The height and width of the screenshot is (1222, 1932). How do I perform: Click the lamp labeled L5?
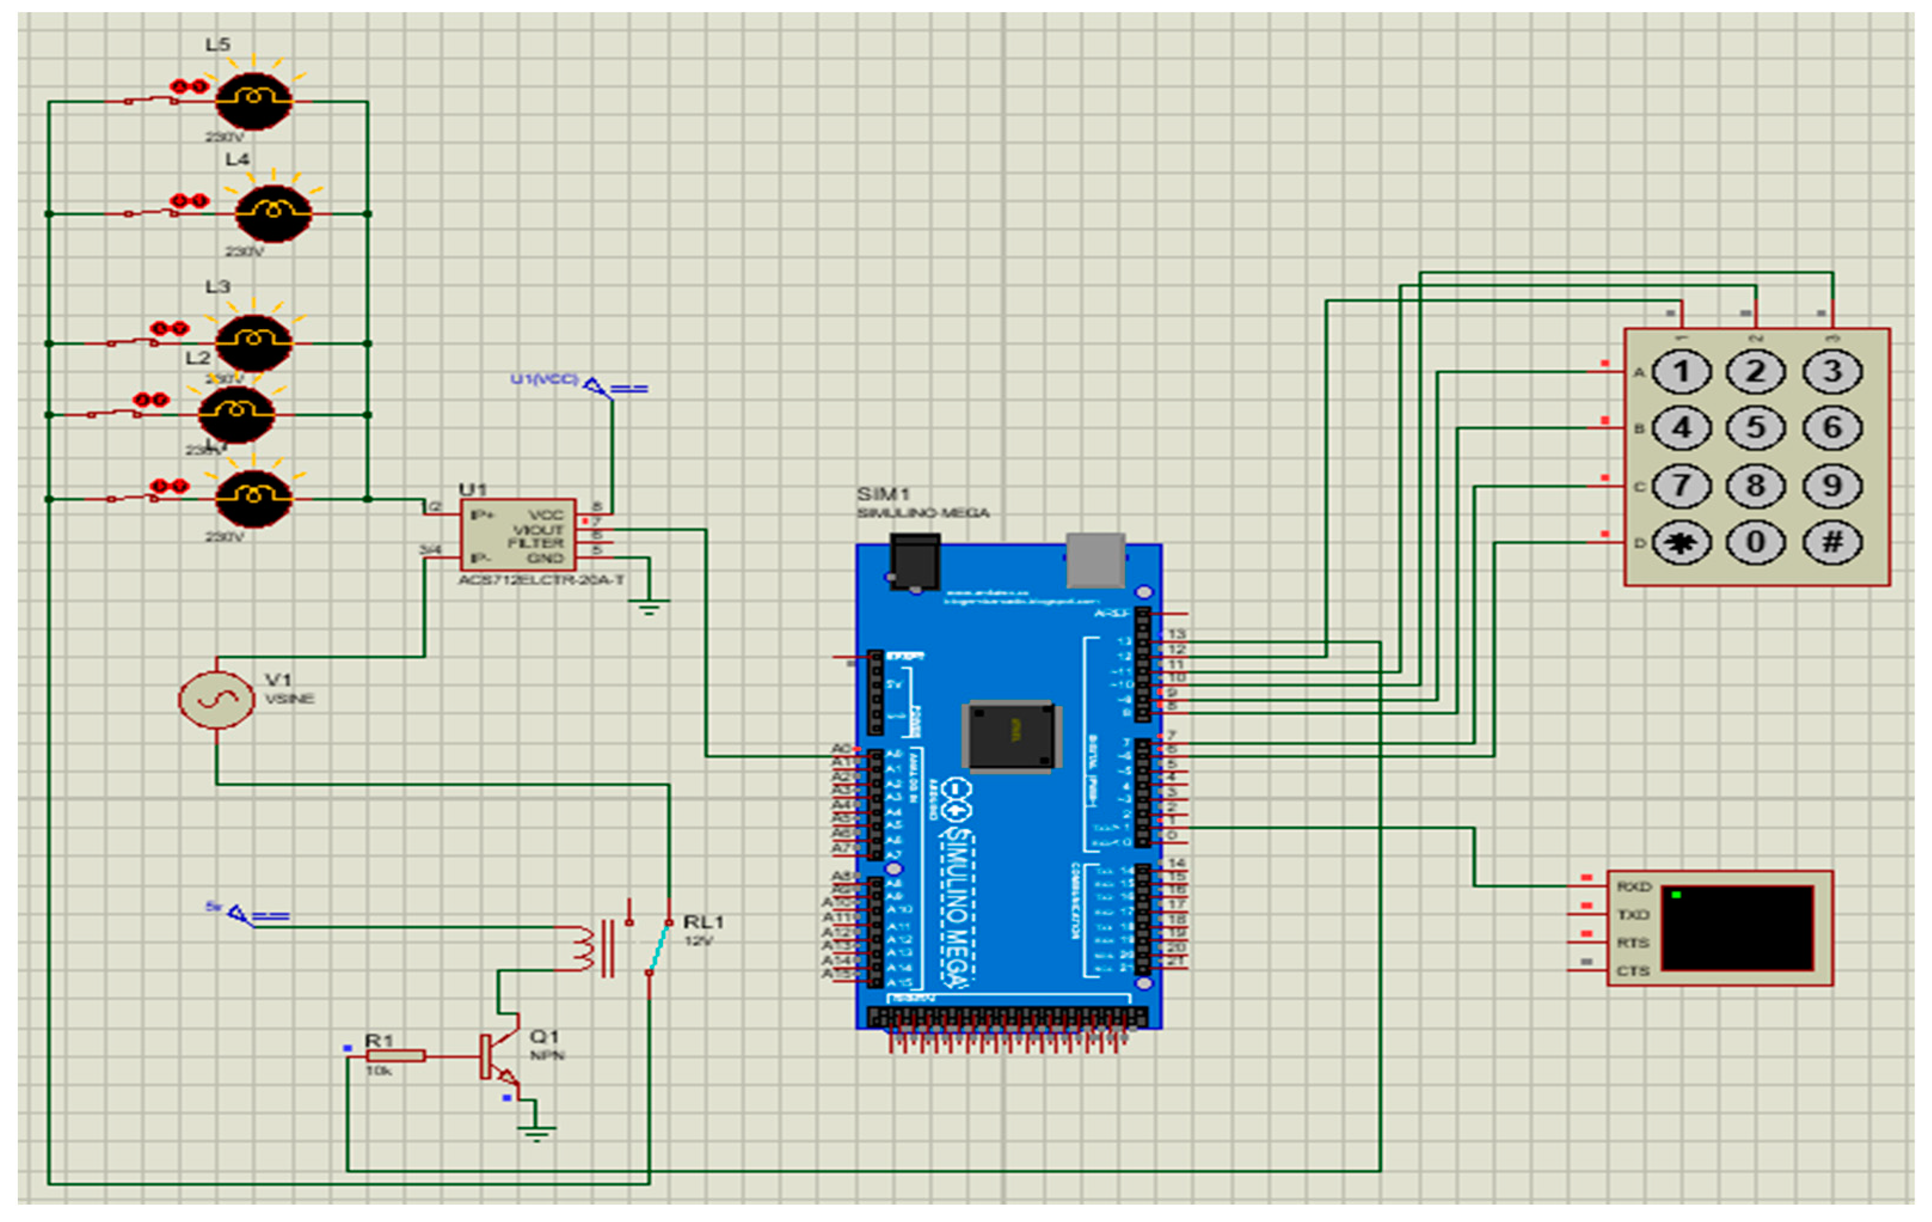tap(254, 100)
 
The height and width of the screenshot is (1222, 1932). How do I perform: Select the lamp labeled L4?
tap(274, 213)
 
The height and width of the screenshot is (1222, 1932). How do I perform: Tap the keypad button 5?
tap(1755, 428)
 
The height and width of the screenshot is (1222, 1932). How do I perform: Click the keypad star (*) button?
tap(1682, 542)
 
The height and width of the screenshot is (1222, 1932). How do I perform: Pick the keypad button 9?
tap(1832, 486)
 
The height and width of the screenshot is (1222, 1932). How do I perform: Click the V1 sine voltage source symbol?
tap(216, 699)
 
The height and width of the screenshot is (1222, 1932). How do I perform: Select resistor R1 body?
tap(395, 1056)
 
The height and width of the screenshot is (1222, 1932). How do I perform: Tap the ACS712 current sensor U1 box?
tap(518, 535)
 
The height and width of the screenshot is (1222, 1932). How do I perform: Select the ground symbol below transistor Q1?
tap(536, 1133)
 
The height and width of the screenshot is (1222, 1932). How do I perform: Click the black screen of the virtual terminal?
tap(1737, 928)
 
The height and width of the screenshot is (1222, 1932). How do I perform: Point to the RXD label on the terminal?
tap(1633, 886)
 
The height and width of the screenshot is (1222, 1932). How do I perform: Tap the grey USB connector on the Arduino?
tap(1095, 560)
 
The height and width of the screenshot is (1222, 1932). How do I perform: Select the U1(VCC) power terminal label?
tap(544, 379)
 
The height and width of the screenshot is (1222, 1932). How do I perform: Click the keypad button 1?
tap(1682, 371)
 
